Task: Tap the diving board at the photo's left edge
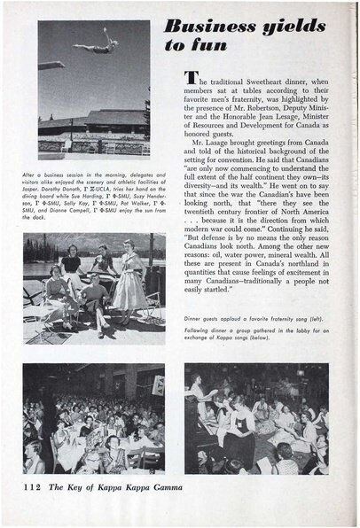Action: pyautogui.click(x=49, y=64)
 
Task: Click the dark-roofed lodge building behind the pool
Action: pyautogui.click(x=98, y=122)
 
